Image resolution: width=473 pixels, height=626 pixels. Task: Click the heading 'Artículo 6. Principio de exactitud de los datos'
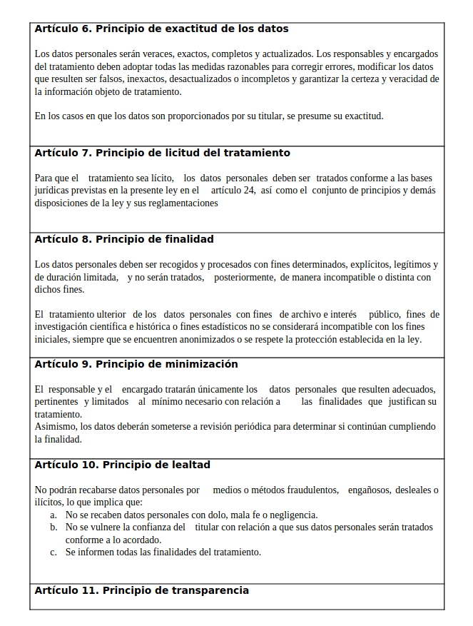161,29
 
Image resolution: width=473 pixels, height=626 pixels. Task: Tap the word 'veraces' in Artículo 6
158,54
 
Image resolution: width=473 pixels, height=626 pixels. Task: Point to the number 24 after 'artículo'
248,191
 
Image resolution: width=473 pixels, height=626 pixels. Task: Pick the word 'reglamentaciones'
183,203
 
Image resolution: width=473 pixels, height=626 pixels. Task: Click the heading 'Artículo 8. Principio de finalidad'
123,239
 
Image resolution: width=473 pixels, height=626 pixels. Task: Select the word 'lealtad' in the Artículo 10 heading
185,465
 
